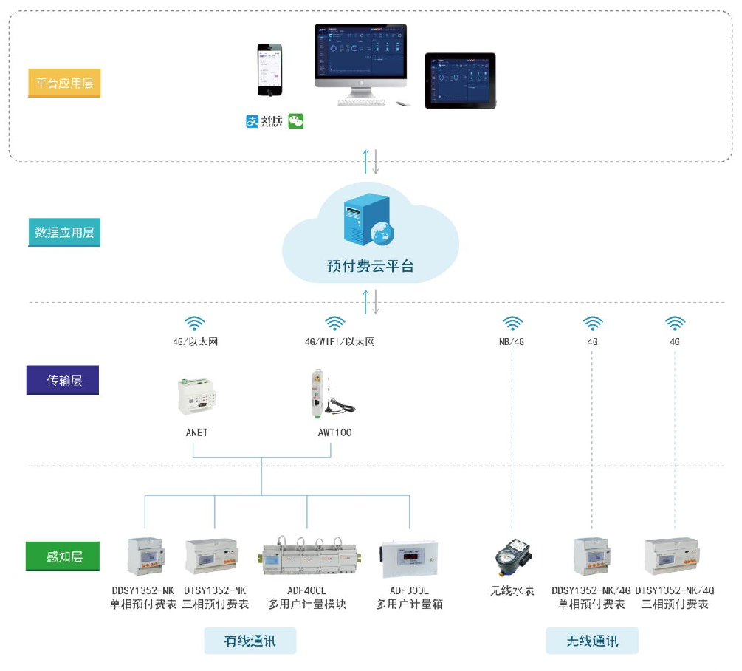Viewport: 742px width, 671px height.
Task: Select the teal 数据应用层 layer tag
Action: tap(64, 233)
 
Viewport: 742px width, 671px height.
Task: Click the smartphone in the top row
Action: tap(269, 69)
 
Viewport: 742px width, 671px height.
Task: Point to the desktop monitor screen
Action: tap(361, 53)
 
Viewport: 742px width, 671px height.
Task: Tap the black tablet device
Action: tap(459, 81)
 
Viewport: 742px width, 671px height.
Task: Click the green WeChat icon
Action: tap(296, 121)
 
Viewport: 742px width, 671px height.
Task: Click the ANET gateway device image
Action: tap(196, 397)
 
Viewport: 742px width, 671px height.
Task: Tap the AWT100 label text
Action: tap(329, 432)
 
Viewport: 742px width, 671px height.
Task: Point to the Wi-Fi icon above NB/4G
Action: tap(512, 324)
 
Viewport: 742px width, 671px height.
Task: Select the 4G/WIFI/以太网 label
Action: tap(340, 342)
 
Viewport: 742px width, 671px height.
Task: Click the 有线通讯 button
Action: tap(250, 641)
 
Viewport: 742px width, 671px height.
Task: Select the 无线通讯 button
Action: tap(592, 641)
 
